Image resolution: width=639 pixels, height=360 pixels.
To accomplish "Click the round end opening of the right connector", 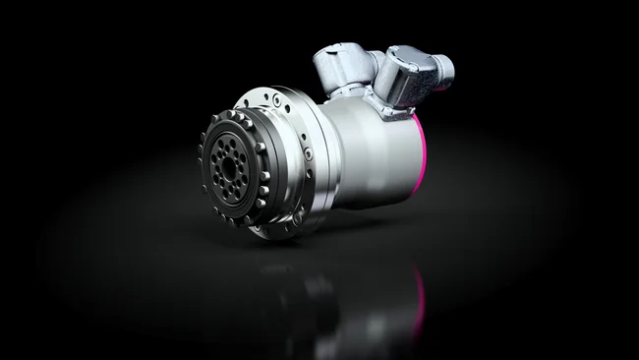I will pos(443,67).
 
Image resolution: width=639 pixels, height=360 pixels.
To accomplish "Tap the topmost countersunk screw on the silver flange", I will pos(276,99).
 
